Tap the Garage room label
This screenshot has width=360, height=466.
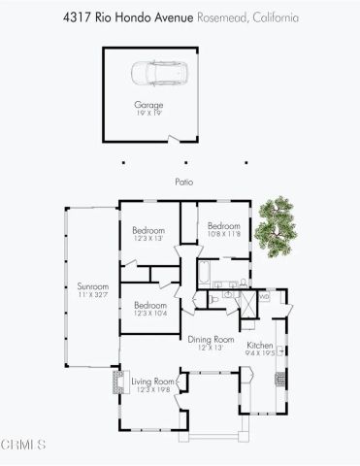point(148,104)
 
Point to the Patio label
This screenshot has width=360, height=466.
point(181,181)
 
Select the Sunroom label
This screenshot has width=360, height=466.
point(92,286)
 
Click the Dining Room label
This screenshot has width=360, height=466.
point(211,339)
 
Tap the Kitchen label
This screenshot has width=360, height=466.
point(260,346)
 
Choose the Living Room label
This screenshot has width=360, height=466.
point(153,382)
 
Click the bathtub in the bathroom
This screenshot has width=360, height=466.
point(212,271)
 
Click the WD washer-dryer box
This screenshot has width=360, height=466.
point(263,297)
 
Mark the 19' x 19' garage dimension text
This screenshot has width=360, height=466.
point(148,113)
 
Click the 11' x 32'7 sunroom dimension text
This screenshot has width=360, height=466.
point(92,294)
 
